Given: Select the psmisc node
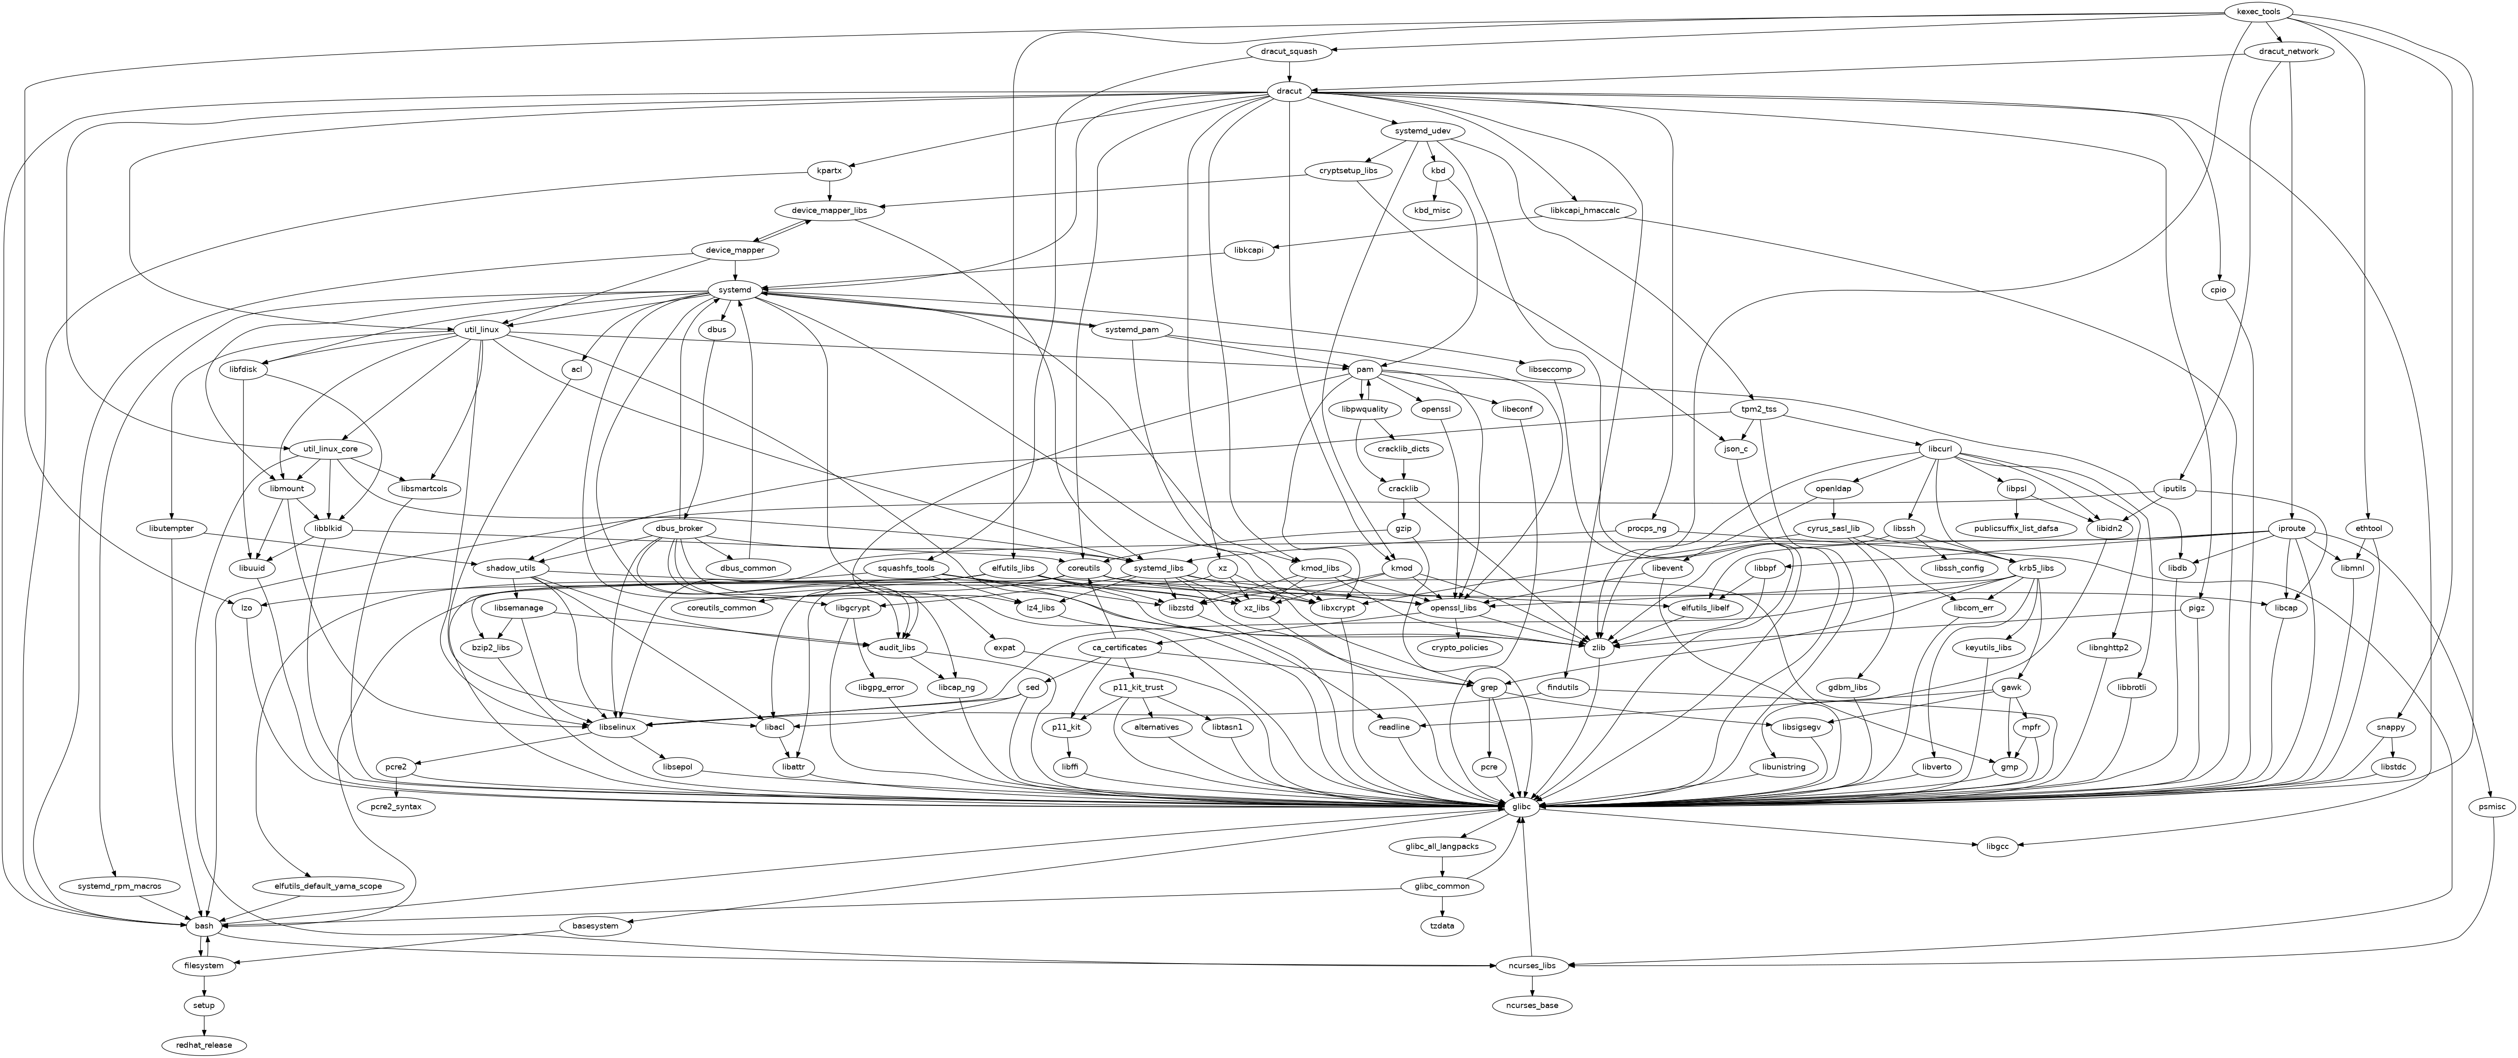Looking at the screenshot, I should coord(2493,807).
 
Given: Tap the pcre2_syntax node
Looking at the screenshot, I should coord(396,807).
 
